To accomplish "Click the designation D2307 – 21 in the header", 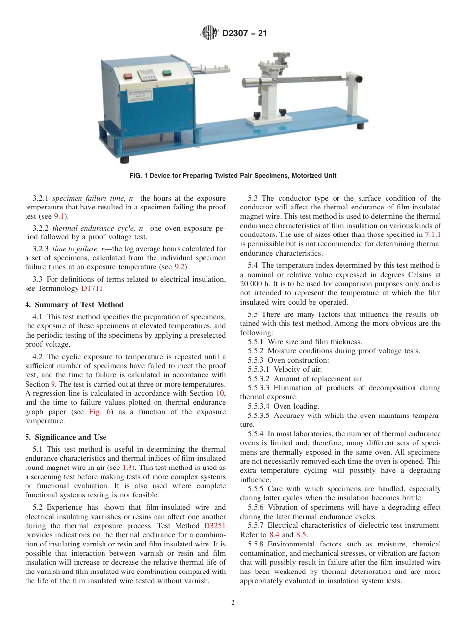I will pos(244,34).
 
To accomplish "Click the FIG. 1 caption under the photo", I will pos(233,176).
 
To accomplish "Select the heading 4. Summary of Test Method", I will pos(74,305).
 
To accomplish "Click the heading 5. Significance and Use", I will pos(66,437).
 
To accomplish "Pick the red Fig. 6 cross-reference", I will pos(101,412).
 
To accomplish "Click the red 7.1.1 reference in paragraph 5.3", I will pos(432,234).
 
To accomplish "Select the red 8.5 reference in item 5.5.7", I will pos(301,534).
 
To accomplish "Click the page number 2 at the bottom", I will pos(233,603).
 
